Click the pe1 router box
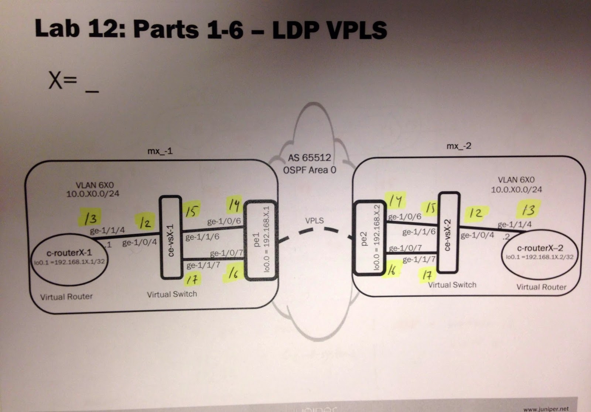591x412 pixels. click(x=261, y=240)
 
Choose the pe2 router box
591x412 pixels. click(x=368, y=238)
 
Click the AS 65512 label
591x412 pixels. click(x=310, y=158)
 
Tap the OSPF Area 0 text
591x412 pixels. click(x=310, y=170)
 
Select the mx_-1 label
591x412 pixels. click(x=160, y=151)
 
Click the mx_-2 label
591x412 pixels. click(x=459, y=146)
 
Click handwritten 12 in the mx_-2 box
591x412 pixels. click(x=476, y=213)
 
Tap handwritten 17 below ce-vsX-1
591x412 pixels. click(x=191, y=279)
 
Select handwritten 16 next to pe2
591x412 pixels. click(x=392, y=270)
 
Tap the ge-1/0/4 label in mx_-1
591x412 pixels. click(x=139, y=243)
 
